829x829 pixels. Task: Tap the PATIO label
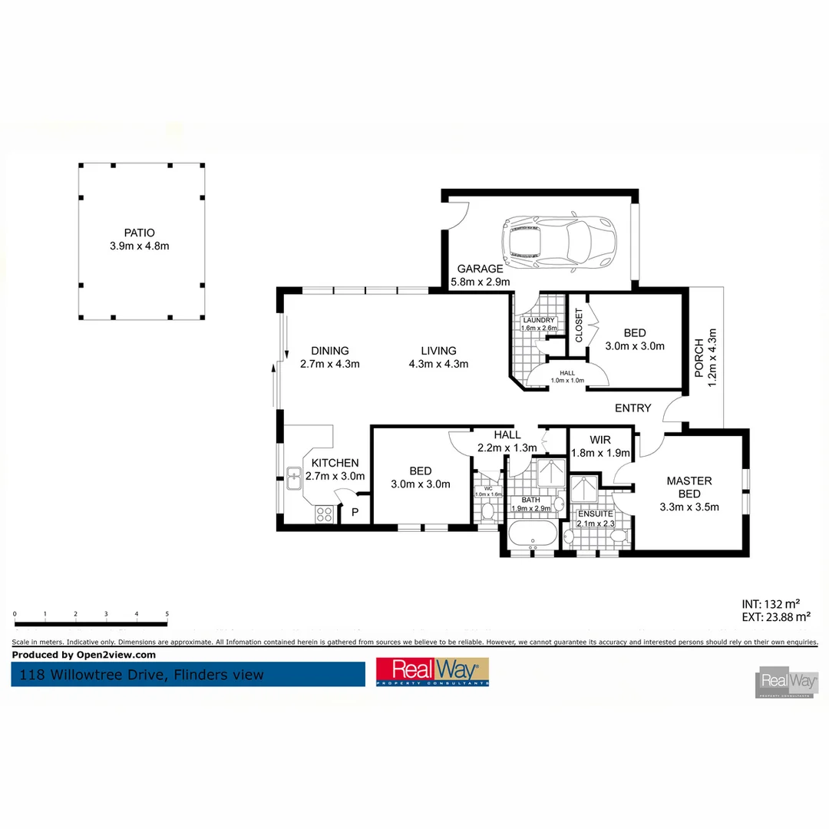pos(139,233)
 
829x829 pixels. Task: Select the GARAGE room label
pos(480,269)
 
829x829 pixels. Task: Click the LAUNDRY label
pos(537,320)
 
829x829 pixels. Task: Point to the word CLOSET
pos(579,325)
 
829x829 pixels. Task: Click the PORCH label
pos(699,358)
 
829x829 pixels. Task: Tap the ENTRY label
pos(632,408)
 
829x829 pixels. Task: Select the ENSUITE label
pos(596,514)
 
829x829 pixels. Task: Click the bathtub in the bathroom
pos(533,534)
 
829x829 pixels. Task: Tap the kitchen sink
pos(294,477)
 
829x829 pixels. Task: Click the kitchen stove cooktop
pos(324,514)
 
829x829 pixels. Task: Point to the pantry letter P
pos(355,513)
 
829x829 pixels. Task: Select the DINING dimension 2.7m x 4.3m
pos(330,364)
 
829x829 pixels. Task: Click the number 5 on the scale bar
pos(167,614)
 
